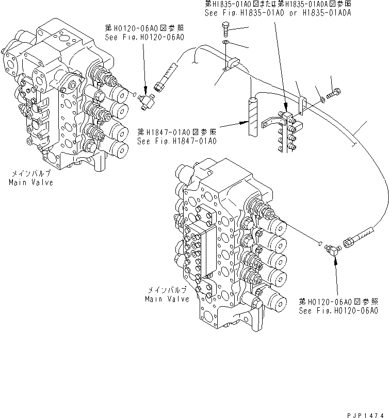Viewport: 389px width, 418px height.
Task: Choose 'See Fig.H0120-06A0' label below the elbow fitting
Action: pos(338,310)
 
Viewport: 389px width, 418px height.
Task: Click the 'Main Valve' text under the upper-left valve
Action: pos(30,182)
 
